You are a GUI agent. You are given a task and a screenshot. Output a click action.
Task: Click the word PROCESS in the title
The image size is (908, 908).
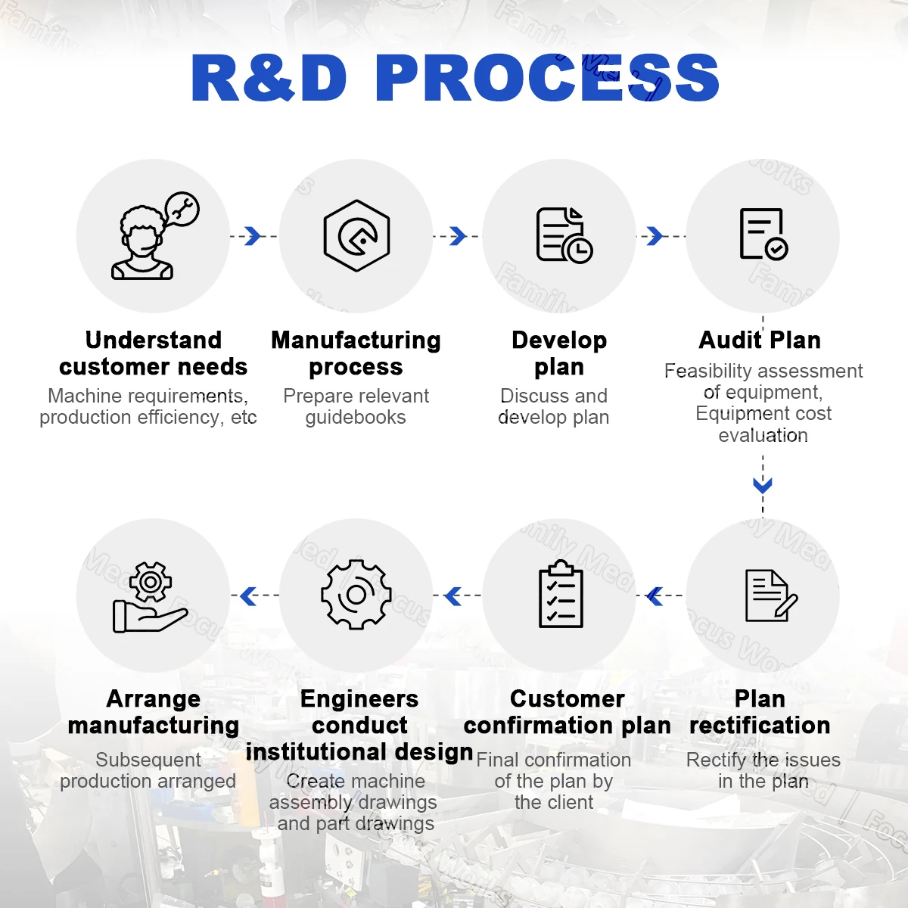[546, 78]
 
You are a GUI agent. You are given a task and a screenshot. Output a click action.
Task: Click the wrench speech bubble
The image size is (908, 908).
[182, 209]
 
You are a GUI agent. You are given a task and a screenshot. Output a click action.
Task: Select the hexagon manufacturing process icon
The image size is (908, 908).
[356, 235]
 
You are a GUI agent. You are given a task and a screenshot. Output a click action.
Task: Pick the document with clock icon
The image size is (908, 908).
[564, 235]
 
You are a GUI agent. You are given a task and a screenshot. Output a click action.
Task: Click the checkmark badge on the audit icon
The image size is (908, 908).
[776, 249]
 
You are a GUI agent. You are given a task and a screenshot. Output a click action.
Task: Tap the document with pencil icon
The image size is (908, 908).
[771, 595]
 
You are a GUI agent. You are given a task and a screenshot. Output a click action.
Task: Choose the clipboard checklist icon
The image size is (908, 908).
[561, 594]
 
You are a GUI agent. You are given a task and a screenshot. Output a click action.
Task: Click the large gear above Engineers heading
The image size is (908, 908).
[356, 595]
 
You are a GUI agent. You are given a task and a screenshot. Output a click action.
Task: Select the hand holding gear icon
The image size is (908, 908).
[150, 597]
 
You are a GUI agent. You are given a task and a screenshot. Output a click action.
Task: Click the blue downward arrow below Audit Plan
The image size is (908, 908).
[763, 485]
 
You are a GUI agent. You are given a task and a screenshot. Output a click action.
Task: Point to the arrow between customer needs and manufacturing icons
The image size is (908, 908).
[253, 236]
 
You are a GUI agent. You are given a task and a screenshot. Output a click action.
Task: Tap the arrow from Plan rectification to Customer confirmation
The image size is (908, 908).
[655, 596]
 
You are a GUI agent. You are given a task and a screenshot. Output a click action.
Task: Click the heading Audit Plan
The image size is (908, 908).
[760, 340]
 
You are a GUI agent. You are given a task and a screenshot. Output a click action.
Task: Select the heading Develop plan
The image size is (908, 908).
[559, 353]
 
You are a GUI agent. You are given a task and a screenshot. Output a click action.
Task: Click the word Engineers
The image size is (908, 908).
[359, 699]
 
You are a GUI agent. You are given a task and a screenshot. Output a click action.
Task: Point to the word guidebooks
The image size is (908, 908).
[356, 418]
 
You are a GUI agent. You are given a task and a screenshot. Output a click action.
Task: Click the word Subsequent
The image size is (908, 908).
[148, 760]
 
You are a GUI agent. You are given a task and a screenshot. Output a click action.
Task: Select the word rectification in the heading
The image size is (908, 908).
[760, 725]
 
